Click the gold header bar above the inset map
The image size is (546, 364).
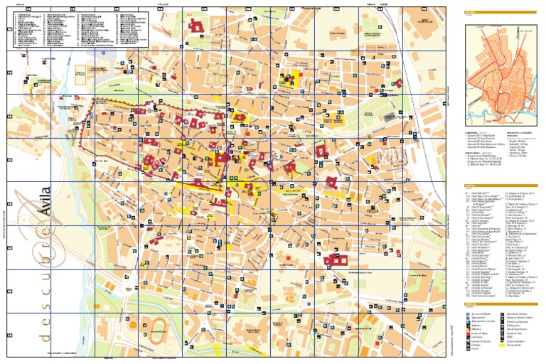(498, 14)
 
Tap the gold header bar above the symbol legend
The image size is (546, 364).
(498, 304)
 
